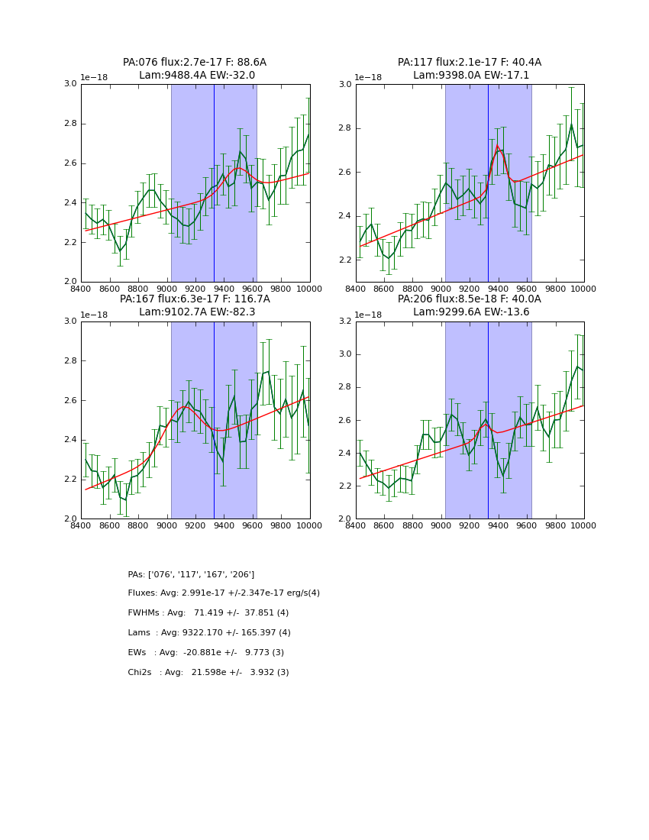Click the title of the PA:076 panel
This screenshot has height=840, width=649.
(195, 69)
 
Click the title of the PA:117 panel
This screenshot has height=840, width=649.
(470, 69)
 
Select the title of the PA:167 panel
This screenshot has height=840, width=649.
(195, 305)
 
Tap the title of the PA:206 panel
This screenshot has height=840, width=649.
(470, 305)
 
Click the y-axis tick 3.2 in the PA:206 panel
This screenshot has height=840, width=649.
(344, 321)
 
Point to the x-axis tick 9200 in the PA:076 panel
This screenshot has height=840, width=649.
(195, 289)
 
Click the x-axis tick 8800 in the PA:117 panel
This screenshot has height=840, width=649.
(412, 289)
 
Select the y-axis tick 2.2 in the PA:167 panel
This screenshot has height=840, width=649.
(69, 480)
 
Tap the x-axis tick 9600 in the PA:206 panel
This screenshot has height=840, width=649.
(527, 525)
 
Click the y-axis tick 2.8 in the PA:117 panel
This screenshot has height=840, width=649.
(344, 128)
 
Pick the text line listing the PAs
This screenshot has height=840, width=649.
(191, 574)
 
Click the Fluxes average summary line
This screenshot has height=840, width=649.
(224, 593)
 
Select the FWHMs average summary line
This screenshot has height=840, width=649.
(208, 613)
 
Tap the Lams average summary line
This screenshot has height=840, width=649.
(209, 633)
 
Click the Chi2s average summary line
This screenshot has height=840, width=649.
(208, 673)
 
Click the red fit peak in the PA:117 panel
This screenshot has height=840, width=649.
(498, 146)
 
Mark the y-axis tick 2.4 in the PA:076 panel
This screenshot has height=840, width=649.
(69, 203)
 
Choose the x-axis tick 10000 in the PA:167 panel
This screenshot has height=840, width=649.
(309, 525)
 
